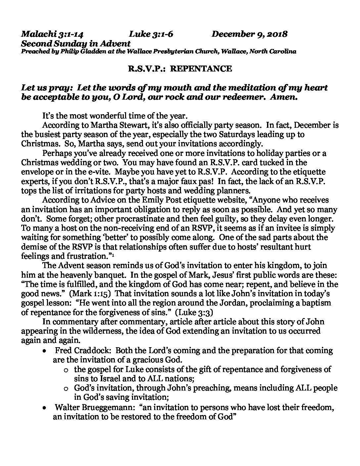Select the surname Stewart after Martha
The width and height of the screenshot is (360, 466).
(x=117, y=125)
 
